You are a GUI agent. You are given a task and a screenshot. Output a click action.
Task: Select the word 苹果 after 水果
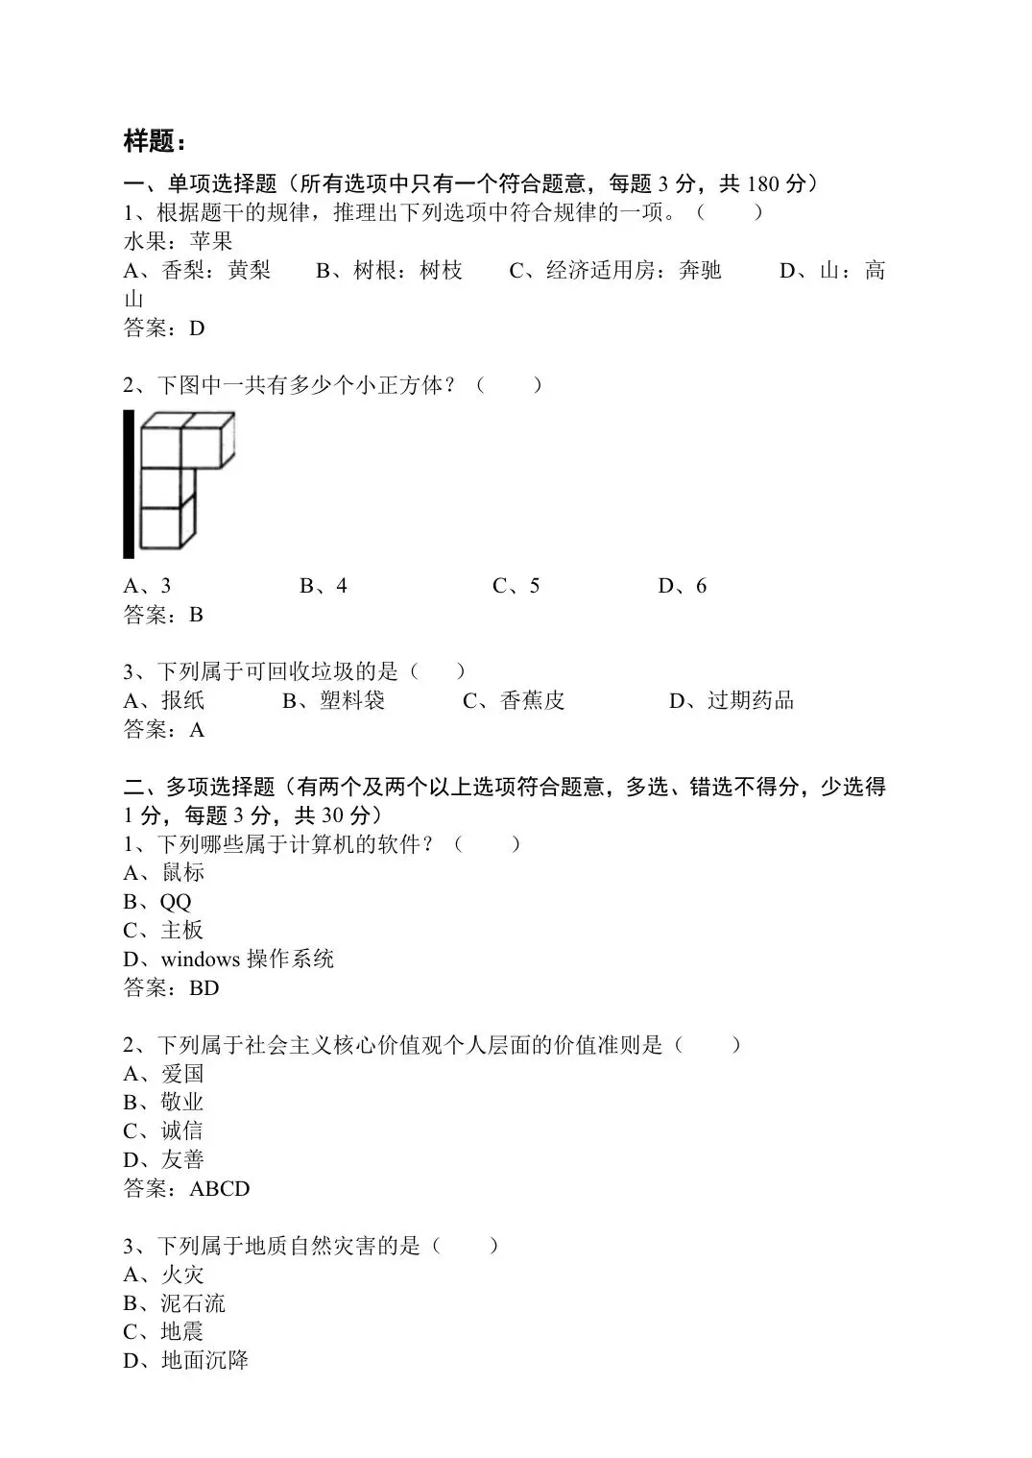pos(211,241)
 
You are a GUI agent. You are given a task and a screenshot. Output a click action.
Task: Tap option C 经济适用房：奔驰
pos(614,271)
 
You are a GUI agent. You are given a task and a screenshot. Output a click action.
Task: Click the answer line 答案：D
pos(164,328)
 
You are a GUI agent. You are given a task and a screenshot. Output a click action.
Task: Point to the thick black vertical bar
pos(129,483)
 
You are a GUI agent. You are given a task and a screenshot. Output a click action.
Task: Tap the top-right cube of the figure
pos(207,442)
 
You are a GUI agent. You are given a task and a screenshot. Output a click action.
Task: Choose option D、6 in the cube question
pos(683,586)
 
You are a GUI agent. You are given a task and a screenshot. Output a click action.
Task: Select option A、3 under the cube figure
pos(147,586)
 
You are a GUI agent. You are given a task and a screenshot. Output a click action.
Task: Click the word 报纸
pos(183,701)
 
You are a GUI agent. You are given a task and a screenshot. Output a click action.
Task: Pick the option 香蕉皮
pos(532,701)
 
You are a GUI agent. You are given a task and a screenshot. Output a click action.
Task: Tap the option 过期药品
pos(750,701)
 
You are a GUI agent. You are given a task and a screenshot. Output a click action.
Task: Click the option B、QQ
pos(157,902)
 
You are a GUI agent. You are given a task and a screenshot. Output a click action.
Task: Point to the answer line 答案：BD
pos(171,988)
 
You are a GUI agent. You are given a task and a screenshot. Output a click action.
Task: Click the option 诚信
pos(182,1131)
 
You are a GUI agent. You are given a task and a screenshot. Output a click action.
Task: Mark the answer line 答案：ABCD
pos(186,1189)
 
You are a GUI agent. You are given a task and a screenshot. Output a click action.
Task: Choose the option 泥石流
pos(193,1303)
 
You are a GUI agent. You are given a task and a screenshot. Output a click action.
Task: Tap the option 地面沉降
pos(204,1361)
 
